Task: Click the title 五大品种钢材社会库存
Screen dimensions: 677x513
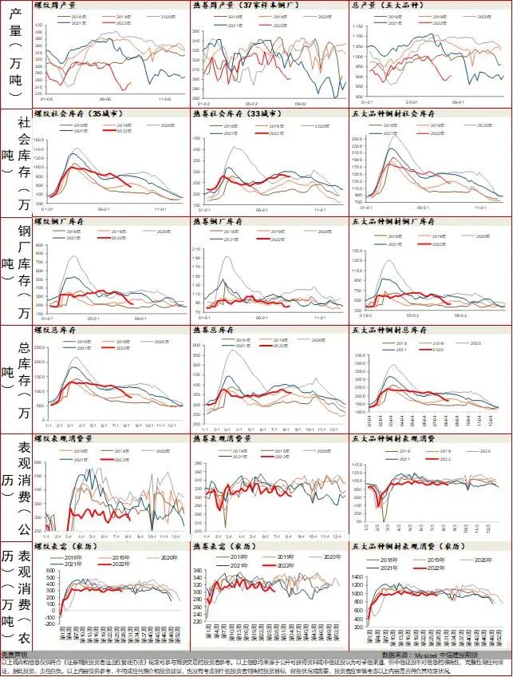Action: pos(386,114)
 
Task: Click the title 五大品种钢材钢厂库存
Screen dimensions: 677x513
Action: pos(386,221)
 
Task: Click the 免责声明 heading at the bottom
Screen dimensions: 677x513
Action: pos(14,654)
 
